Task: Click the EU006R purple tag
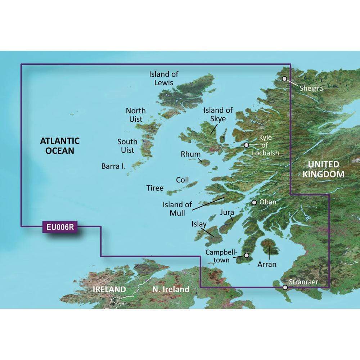60,227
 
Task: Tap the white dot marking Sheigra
285,78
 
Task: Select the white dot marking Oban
254,202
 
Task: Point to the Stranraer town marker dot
285,287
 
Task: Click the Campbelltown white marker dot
247,255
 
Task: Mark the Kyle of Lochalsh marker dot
247,145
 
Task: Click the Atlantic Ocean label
59,145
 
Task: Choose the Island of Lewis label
164,78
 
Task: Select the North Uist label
136,114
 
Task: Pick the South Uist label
127,146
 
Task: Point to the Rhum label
190,154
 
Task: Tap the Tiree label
155,188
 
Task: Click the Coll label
182,180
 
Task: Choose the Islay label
199,224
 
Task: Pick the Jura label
227,213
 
